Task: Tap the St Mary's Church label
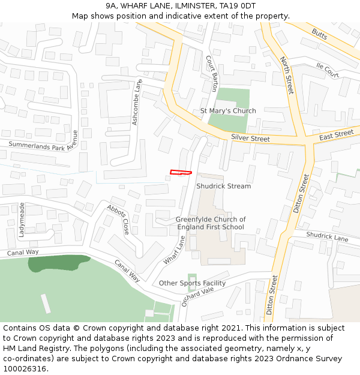228,111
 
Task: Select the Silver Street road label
250,139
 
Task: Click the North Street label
287,75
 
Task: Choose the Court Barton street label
212,74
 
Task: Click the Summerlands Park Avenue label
43,141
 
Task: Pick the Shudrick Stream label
223,186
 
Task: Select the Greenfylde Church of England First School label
210,223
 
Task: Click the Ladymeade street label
22,219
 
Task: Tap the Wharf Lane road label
174,251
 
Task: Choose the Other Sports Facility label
192,283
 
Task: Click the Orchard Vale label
197,295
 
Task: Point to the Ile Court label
328,70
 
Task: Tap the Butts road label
319,35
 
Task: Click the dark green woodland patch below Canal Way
57,262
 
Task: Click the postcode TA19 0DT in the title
238,6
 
